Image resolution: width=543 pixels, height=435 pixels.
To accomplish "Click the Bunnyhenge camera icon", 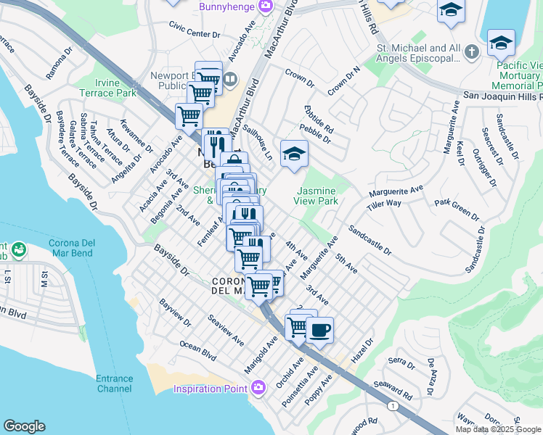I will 266,6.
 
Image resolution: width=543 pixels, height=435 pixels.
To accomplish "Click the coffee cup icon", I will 319,331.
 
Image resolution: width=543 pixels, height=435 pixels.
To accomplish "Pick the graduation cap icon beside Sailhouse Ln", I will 294,154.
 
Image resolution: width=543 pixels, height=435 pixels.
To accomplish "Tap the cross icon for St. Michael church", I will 472,51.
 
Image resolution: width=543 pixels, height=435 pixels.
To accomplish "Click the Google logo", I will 24,426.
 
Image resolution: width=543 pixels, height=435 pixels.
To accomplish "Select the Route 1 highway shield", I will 392,405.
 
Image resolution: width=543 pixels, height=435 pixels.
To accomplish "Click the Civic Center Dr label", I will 194,34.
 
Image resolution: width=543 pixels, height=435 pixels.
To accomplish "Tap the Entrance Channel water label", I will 114,384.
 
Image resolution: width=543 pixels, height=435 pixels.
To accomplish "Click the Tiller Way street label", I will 384,204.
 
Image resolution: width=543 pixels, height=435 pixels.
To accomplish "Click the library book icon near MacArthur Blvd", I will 230,78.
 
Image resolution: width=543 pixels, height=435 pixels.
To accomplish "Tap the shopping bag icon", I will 234,160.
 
